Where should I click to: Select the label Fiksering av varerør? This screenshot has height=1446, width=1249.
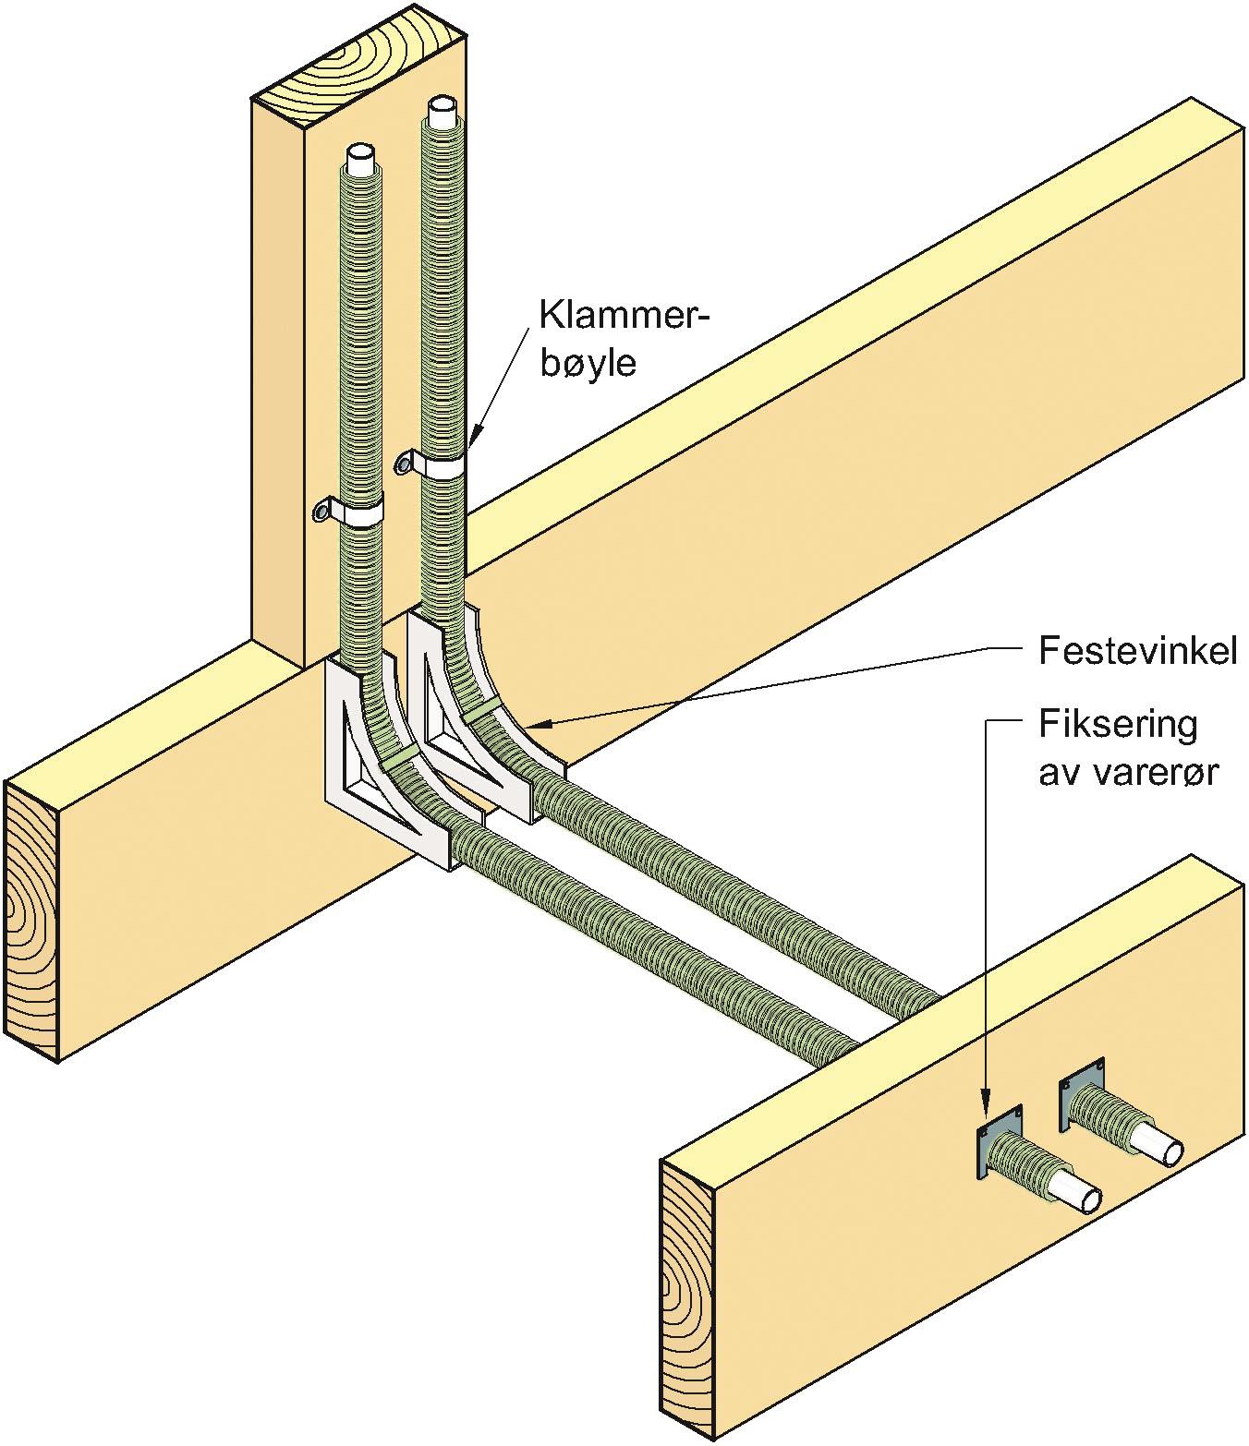[x=1127, y=748]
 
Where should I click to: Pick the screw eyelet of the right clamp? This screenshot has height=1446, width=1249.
[x=404, y=460]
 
